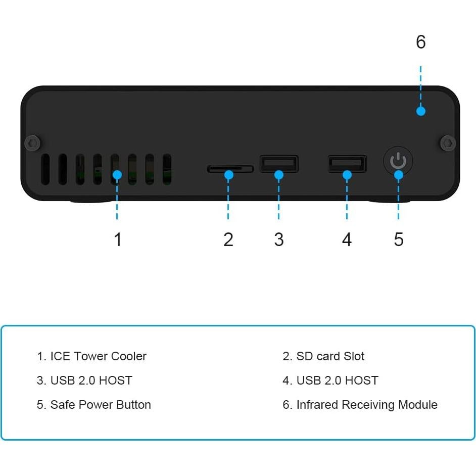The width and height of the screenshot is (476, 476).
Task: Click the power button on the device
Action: [x=398, y=162]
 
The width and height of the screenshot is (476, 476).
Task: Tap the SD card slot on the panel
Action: [x=230, y=168]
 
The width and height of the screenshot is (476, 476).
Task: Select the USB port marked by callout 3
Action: [x=279, y=163]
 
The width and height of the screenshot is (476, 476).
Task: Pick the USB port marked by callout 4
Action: [x=347, y=164]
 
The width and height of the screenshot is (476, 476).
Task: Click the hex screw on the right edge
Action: [x=447, y=143]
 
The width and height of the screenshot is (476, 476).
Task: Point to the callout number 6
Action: [x=421, y=42]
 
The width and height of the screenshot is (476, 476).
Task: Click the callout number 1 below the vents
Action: [x=118, y=240]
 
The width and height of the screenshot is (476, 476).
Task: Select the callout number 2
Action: [x=228, y=240]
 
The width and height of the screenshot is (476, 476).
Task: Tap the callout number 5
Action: [x=399, y=240]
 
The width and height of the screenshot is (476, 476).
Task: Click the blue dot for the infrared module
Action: [x=421, y=111]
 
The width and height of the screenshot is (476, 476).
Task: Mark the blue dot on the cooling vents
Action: [x=117, y=175]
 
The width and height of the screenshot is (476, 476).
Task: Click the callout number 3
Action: [x=279, y=240]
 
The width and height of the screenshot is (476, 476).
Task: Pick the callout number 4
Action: [x=347, y=240]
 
